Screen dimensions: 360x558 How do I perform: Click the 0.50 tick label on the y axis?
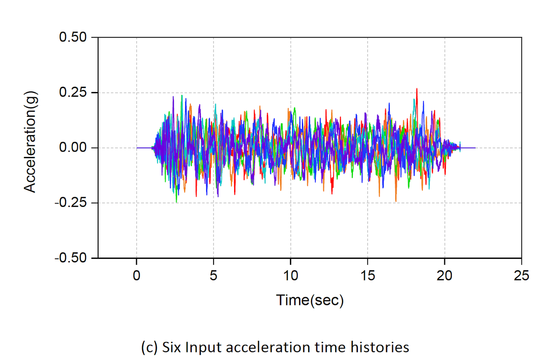click(x=73, y=37)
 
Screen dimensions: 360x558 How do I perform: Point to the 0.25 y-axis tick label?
click(x=73, y=93)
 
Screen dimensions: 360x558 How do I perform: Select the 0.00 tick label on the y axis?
click(x=73, y=148)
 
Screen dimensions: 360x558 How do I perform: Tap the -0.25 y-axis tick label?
click(x=71, y=203)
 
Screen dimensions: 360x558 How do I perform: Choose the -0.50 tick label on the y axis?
click(x=71, y=258)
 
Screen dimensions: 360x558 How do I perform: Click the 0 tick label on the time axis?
click(x=136, y=275)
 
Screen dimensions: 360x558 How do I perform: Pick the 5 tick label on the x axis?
click(x=214, y=275)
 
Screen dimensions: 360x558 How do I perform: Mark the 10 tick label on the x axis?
click(x=290, y=275)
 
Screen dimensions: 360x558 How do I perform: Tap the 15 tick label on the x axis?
click(x=367, y=275)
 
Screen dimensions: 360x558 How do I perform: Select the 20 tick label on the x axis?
click(x=445, y=275)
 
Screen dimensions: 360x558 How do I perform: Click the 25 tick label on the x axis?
click(x=521, y=275)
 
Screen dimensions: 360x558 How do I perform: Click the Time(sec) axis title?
click(x=310, y=300)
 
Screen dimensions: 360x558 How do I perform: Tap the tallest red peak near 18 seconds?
click(x=417, y=89)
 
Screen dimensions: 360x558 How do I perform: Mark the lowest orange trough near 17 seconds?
click(x=396, y=201)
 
